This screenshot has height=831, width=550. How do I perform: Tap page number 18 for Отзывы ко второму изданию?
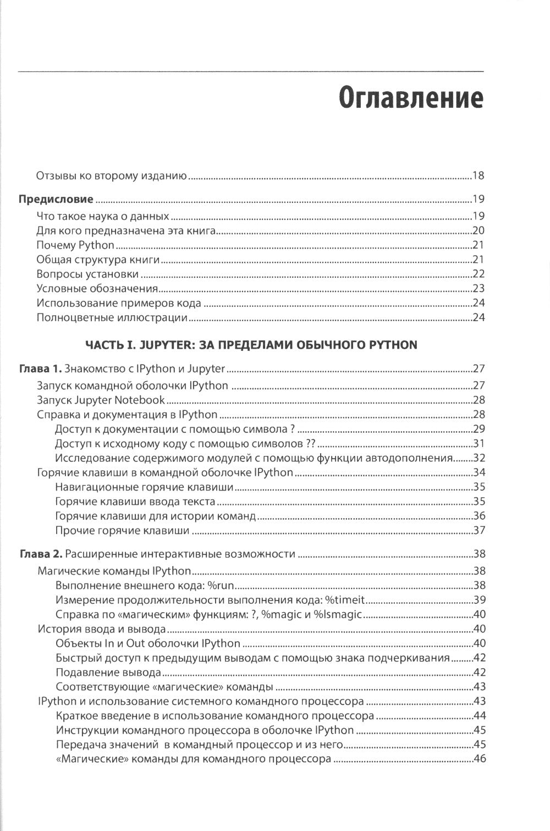click(477, 177)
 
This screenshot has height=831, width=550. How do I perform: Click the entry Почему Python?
click(75, 245)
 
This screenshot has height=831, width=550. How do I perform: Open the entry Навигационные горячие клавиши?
click(145, 487)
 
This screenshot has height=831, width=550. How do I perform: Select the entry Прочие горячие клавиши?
click(123, 531)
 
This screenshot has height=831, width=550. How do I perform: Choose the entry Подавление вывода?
click(108, 673)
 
